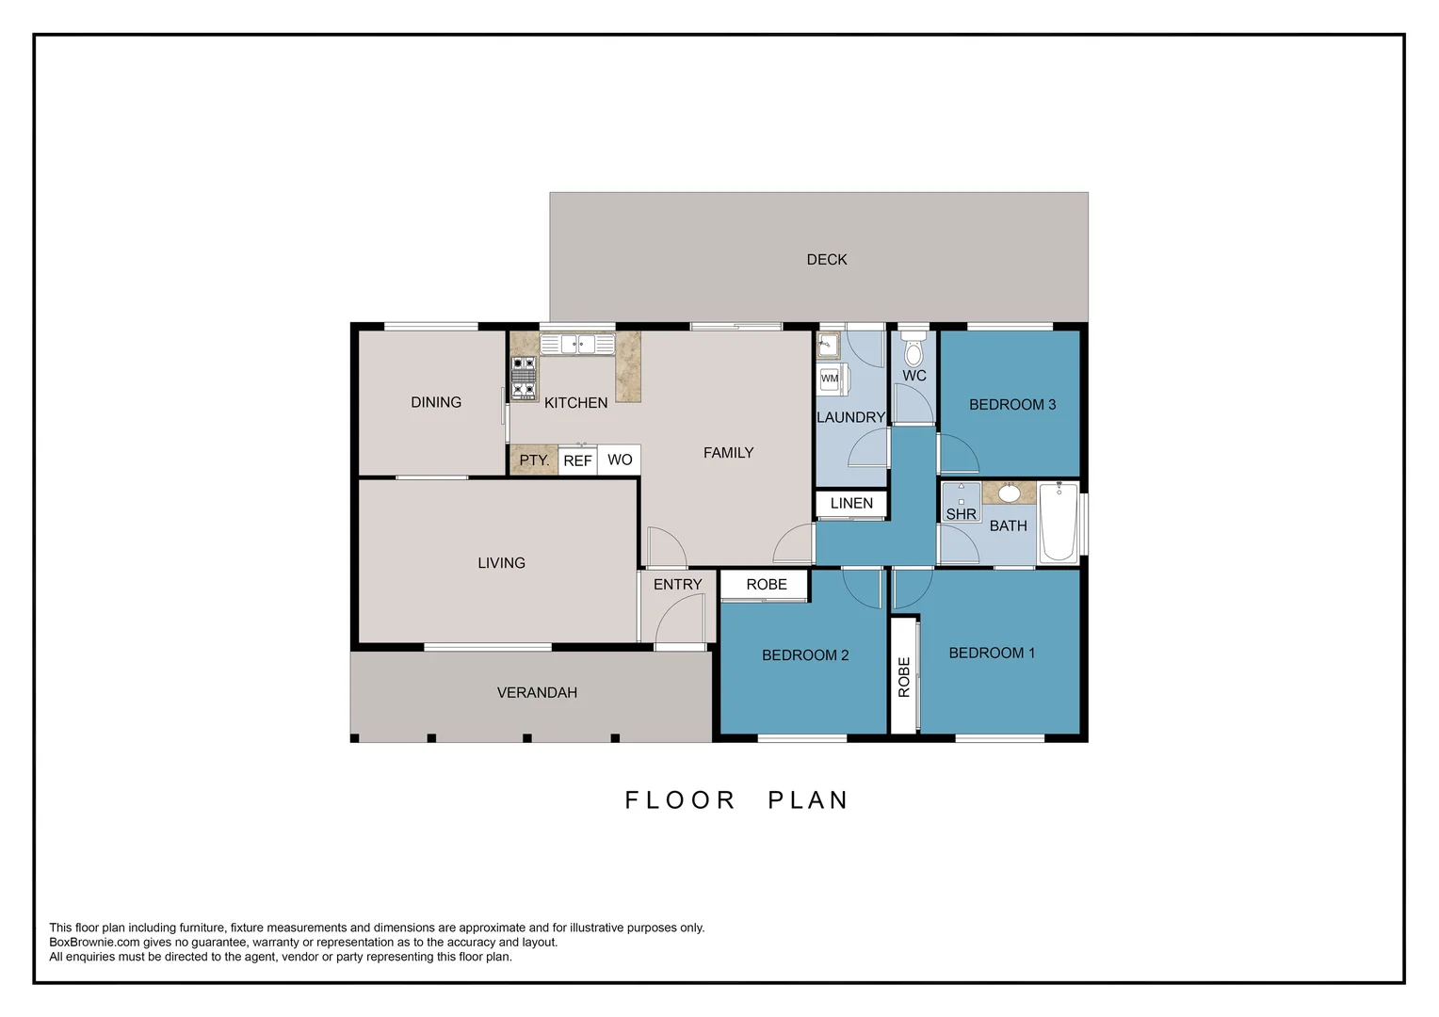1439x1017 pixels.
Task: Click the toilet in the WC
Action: tap(913, 351)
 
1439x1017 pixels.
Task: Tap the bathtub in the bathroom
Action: tap(1058, 523)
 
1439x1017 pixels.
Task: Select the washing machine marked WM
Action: tap(831, 379)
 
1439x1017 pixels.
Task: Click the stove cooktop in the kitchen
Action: tap(524, 378)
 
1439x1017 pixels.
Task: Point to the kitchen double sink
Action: tap(577, 345)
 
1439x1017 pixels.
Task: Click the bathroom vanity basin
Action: tap(1009, 493)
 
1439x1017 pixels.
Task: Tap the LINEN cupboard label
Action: tap(851, 504)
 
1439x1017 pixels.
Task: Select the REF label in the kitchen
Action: tap(577, 460)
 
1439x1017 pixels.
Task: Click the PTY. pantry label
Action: tap(534, 460)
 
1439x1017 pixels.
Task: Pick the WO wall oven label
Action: tap(620, 460)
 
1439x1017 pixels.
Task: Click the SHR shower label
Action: tap(961, 514)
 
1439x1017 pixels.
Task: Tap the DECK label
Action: tap(827, 260)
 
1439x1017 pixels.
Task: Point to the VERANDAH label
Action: tap(537, 693)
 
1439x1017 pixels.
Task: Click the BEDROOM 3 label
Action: tap(1012, 405)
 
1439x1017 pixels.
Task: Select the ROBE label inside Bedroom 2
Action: tap(767, 585)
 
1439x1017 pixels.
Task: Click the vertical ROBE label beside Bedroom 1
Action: tap(904, 677)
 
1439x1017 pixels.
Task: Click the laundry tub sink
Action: tap(828, 346)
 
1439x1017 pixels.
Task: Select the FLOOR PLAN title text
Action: tap(737, 800)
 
